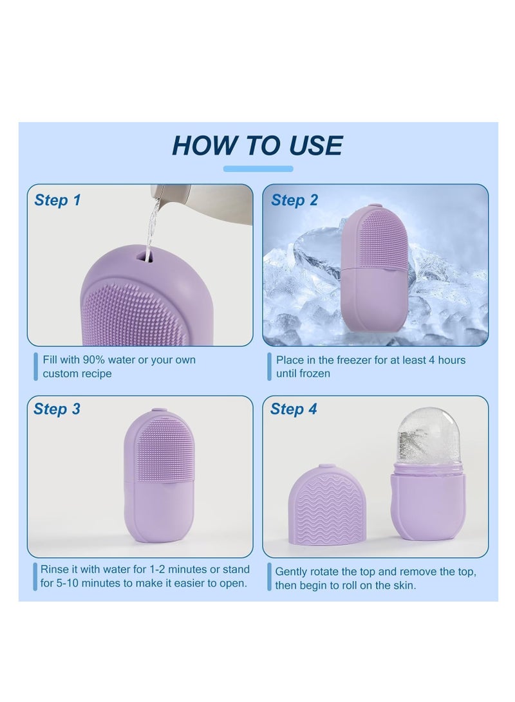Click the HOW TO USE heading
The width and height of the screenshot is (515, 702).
click(257, 145)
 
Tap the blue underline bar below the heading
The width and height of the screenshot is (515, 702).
click(258, 169)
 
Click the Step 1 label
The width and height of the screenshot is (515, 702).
click(58, 200)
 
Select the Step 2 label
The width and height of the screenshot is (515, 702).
click(294, 200)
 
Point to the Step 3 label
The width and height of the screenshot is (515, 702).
click(57, 409)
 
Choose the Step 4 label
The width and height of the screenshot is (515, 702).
click(294, 409)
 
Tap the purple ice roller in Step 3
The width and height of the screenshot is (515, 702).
click(160, 475)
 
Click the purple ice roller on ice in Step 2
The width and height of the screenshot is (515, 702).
click(375, 267)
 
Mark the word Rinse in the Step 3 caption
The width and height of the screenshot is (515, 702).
click(53, 569)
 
